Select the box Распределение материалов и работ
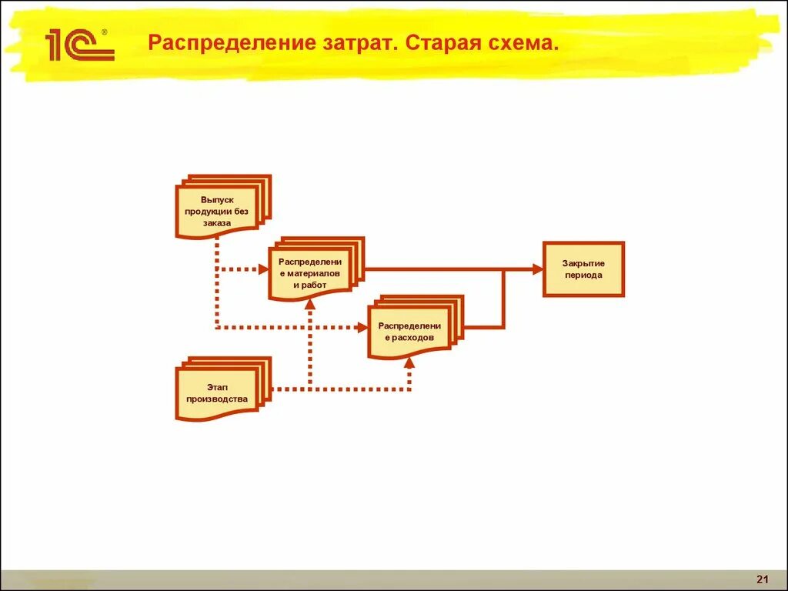pos(309,273)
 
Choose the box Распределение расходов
pos(409,332)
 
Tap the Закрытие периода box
pos(583,269)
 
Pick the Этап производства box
pos(217,392)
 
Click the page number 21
pos(763,579)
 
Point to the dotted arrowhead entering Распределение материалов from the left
pos(262,269)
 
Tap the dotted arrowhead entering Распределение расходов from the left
pos(362,328)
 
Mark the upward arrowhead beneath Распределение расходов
pos(409,362)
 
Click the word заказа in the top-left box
pos(217,223)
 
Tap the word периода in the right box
pos(583,275)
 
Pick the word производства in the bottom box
pos(217,399)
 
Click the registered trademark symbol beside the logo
pos(105,33)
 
